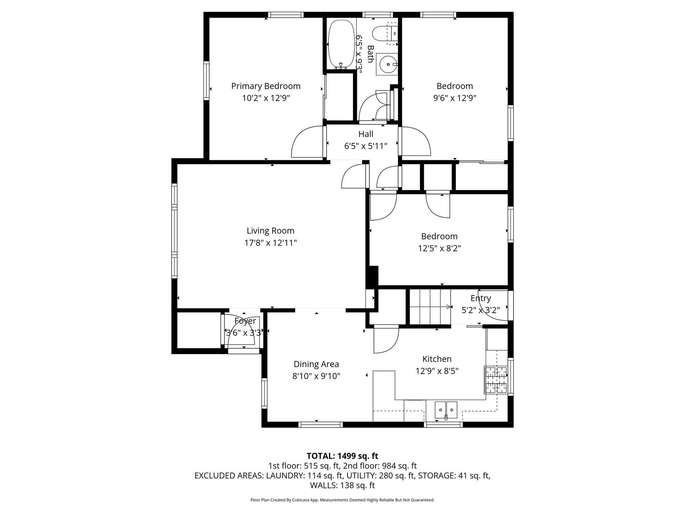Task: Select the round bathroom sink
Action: coord(387,64)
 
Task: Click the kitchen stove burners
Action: coord(495,379)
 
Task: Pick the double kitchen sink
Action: coord(446,410)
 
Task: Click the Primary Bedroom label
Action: coord(265,86)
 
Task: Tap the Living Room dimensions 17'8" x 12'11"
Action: coord(270,243)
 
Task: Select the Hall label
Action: coord(365,134)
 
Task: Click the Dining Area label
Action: coord(316,364)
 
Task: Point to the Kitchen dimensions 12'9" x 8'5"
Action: coord(437,371)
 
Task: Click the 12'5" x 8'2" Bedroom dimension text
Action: coord(440,248)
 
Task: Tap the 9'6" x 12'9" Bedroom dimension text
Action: coord(454,98)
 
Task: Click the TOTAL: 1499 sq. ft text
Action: coord(342,456)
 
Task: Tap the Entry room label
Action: coord(481,298)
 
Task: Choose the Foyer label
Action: coord(245,321)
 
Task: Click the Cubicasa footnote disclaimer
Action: coord(342,500)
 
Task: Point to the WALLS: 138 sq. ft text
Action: coord(342,485)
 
